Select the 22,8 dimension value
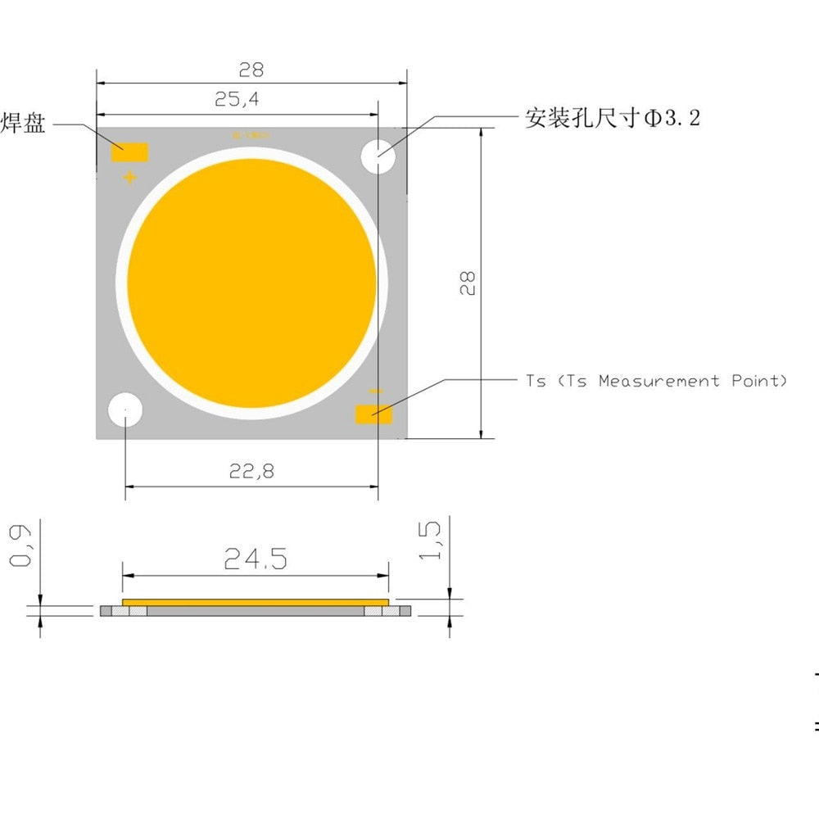click(251, 471)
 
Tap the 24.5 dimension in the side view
click(255, 559)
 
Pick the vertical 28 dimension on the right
click(468, 283)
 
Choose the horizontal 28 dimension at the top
click(251, 70)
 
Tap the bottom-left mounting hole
click(124, 409)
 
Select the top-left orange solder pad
click(129, 152)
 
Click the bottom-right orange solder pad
click(373, 414)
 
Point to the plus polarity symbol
click(129, 177)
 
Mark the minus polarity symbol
click(375, 393)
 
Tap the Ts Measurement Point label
click(656, 381)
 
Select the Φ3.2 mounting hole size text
click(672, 119)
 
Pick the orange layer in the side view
click(255, 602)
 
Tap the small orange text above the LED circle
click(251, 134)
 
